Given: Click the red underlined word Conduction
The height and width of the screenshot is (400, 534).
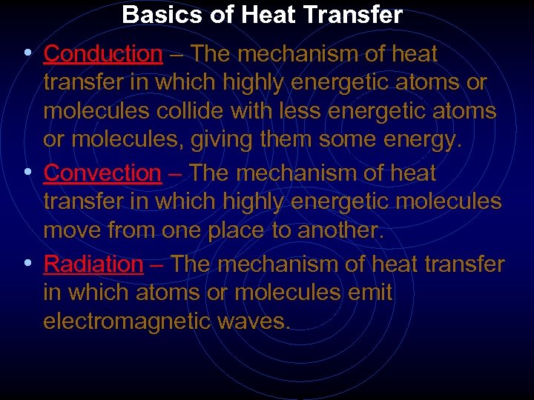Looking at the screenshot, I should pos(102,54).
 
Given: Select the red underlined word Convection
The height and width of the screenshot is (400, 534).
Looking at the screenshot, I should pos(102,173).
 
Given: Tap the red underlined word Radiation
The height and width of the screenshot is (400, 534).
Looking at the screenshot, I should pos(93,264).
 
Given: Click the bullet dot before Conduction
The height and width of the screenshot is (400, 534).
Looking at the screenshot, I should pos(27,53).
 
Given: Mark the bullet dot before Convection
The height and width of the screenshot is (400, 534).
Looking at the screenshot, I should pos(27,173).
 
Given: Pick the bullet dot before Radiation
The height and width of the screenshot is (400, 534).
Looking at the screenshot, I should pos(27,263).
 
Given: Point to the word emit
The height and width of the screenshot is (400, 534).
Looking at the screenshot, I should pos(372,293).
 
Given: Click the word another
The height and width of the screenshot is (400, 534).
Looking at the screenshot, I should pos(341,231).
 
